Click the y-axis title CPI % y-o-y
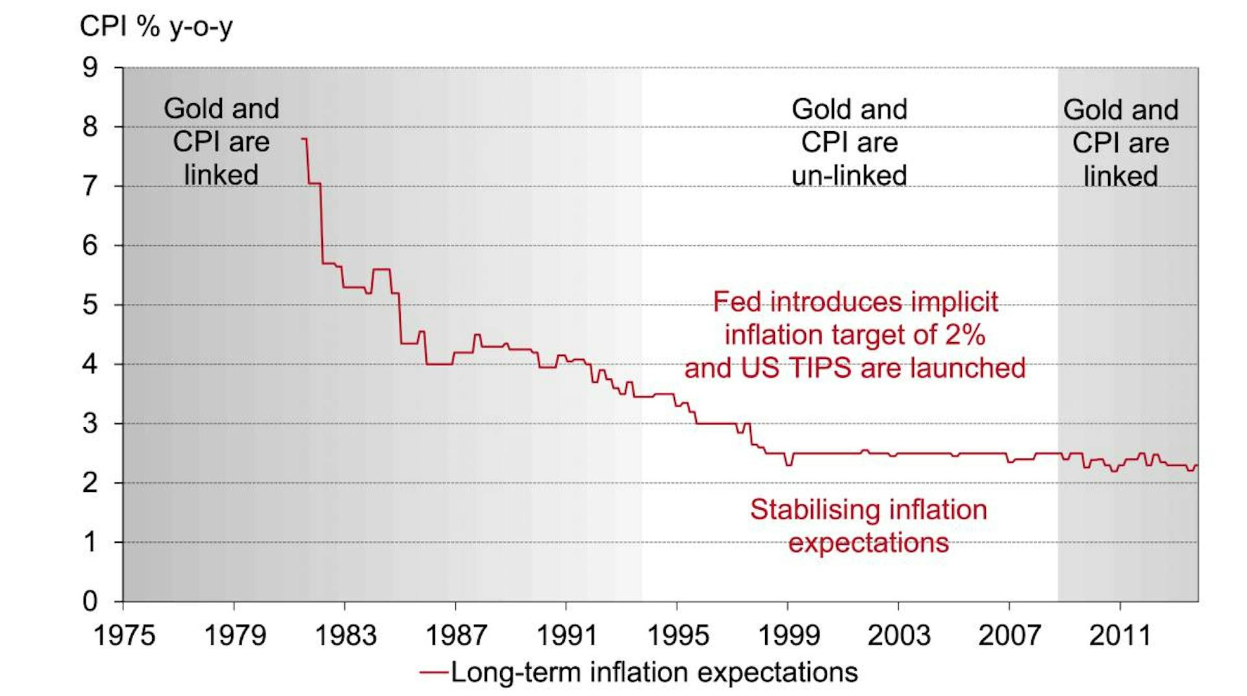click(x=156, y=27)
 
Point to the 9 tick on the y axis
click(x=90, y=68)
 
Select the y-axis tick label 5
click(x=90, y=304)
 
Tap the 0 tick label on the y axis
click(x=90, y=601)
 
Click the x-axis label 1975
click(x=124, y=635)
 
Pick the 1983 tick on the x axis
click(x=346, y=635)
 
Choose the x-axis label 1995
click(x=677, y=635)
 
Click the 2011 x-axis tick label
click(x=1120, y=635)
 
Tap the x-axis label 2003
click(x=899, y=635)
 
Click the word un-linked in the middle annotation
click(x=849, y=176)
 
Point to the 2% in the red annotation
click(x=965, y=335)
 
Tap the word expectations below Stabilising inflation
click(x=868, y=543)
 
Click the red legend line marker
click(x=433, y=673)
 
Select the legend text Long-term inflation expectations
click(x=654, y=673)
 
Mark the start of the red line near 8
click(x=303, y=139)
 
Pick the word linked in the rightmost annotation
click(x=1120, y=177)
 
